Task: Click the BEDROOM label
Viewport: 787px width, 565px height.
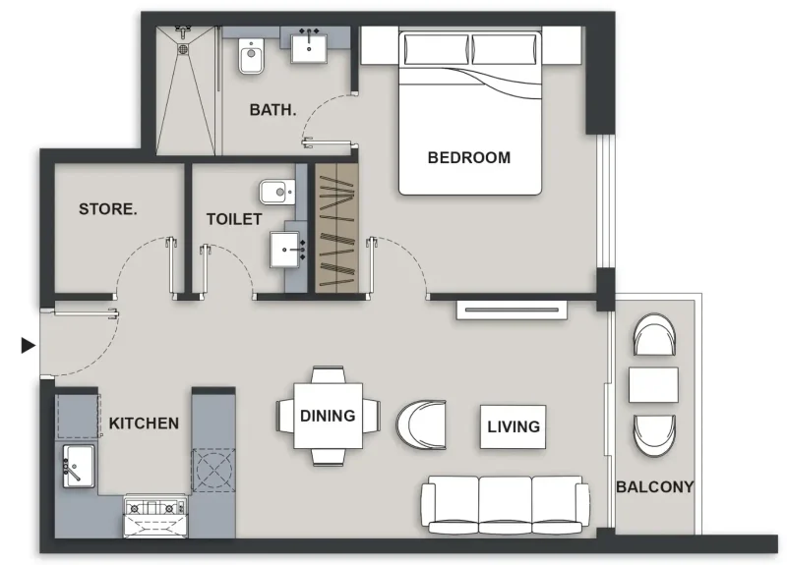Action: pos(469,157)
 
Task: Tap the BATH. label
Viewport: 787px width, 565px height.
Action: pos(272,110)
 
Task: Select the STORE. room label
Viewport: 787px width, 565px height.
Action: pos(108,209)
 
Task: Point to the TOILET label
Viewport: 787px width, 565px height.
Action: pos(234,219)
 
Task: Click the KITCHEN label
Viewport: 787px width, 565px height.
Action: pos(144,424)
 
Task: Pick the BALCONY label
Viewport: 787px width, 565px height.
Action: pos(654,486)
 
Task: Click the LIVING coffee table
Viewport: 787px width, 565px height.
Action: pos(514,426)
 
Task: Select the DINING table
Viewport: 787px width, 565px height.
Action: pos(328,416)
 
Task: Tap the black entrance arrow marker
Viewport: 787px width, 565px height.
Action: pos(29,345)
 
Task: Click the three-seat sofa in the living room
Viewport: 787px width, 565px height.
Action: pos(505,504)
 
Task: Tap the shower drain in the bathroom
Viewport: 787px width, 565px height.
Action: pos(184,43)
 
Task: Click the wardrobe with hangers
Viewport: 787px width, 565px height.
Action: pos(336,227)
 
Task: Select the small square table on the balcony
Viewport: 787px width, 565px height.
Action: pos(653,384)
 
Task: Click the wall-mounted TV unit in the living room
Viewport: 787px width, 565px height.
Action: pos(513,311)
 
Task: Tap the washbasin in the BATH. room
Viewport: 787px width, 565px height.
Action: pos(312,45)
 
